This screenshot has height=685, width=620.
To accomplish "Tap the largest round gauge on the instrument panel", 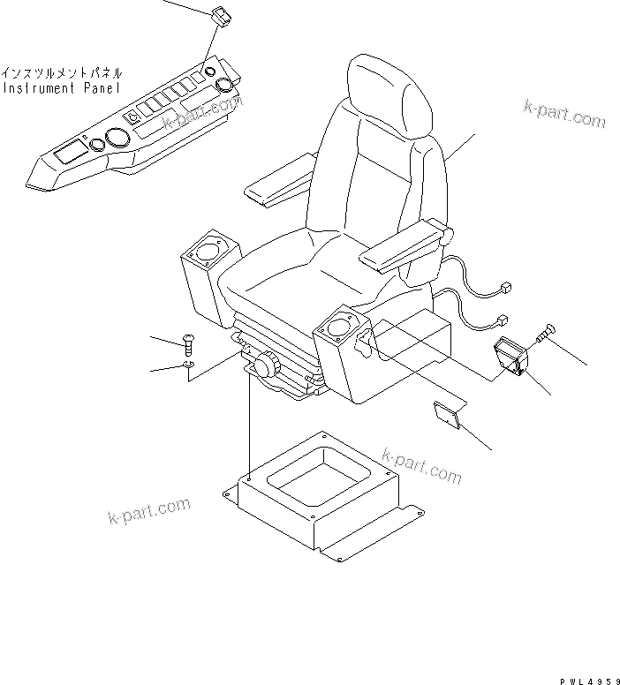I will coord(114,139).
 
